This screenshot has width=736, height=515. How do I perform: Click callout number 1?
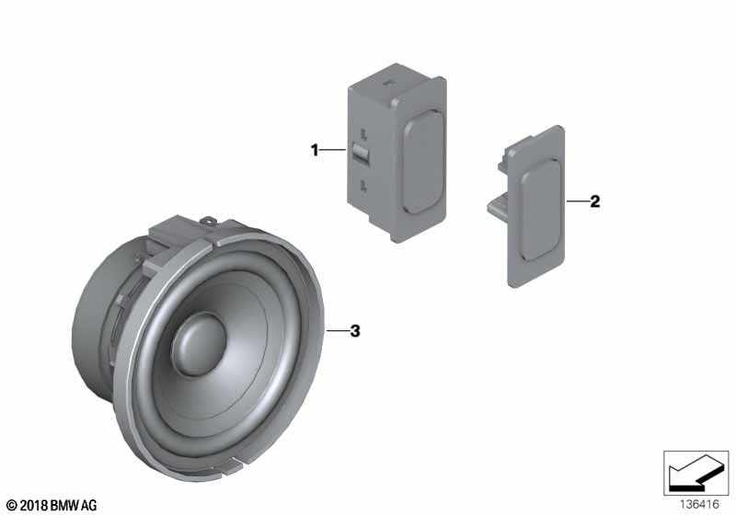(x=315, y=150)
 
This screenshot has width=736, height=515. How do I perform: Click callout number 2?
(x=594, y=201)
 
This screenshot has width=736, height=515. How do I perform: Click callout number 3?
(x=355, y=331)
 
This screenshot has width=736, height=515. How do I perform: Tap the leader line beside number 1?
(x=334, y=150)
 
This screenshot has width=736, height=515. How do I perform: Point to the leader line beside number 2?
(x=577, y=201)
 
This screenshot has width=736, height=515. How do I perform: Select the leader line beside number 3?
(x=337, y=331)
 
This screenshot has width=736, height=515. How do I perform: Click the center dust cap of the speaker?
(x=199, y=344)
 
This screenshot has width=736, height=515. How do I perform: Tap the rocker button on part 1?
(x=423, y=162)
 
